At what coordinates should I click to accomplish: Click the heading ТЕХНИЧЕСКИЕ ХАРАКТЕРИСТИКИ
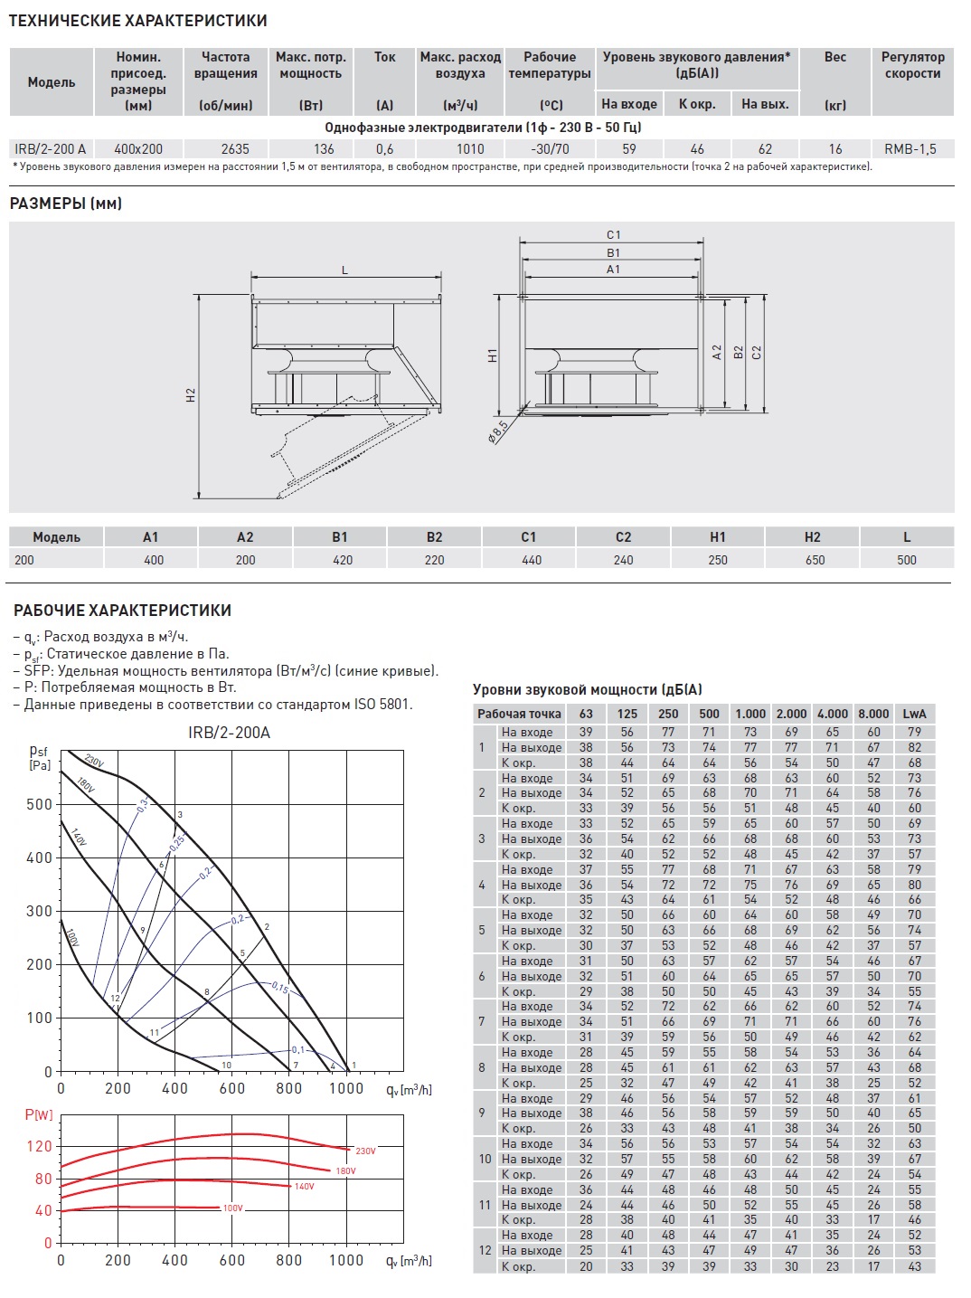[x=137, y=21]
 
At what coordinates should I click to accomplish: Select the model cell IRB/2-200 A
[x=51, y=149]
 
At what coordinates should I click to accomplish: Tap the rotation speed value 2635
[x=235, y=149]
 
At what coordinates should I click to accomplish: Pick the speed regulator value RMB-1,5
[x=910, y=149]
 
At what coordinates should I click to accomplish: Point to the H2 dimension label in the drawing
[x=191, y=395]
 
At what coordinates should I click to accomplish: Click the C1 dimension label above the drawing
[x=614, y=235]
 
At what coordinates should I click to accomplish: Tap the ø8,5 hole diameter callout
[x=498, y=430]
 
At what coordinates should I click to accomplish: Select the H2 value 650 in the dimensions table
[x=815, y=560]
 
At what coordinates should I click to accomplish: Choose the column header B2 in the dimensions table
[x=434, y=537]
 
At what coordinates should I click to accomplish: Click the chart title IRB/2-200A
[x=229, y=733]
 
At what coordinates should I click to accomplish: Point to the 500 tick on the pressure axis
[x=40, y=804]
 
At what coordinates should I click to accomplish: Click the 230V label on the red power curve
[x=365, y=1151]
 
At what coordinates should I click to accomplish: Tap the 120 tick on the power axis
[x=40, y=1146]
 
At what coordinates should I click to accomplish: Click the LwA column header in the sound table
[x=914, y=714]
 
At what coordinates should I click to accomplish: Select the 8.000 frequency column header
[x=873, y=714]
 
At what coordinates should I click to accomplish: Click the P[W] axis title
[x=39, y=1115]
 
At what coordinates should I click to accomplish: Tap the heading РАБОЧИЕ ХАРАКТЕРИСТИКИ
[x=122, y=611]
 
